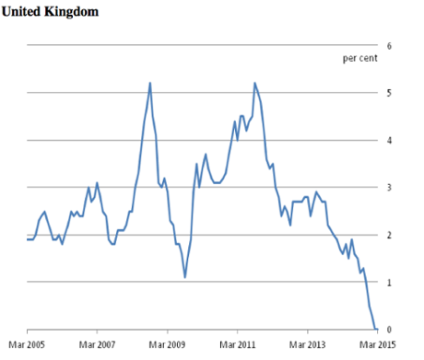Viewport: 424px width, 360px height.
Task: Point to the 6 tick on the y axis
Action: click(x=389, y=45)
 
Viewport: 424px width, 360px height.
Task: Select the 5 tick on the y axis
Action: click(x=389, y=93)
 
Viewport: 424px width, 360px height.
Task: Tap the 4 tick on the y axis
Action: click(x=389, y=140)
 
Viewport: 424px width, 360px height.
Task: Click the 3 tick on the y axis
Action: click(x=389, y=188)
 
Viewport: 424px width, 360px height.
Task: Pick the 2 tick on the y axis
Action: click(x=389, y=235)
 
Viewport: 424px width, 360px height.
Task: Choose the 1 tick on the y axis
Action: click(x=389, y=283)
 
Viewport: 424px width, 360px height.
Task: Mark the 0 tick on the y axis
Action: click(x=389, y=330)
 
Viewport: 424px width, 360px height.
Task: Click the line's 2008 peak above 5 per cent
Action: click(x=150, y=83)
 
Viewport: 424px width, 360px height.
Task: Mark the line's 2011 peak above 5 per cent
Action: click(x=254, y=83)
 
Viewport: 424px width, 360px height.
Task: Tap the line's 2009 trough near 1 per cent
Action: click(x=185, y=277)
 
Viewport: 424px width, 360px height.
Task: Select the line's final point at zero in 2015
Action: click(x=376, y=329)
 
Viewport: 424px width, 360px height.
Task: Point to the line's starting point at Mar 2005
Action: click(x=28, y=239)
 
